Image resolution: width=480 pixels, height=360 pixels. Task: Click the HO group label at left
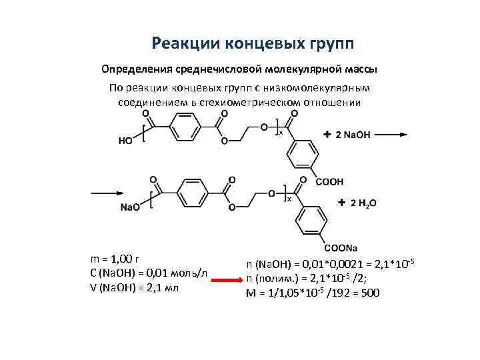pos(125,140)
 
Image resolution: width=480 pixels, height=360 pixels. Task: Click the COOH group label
pos(329,181)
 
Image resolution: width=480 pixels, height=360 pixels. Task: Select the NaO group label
pos(131,207)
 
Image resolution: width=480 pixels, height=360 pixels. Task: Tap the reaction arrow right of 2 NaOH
pos(394,135)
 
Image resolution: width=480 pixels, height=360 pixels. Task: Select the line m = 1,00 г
pos(114,259)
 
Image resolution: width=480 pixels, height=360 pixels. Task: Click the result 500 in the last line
pos(369,293)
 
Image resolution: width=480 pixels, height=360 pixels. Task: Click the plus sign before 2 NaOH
pos(327,135)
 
